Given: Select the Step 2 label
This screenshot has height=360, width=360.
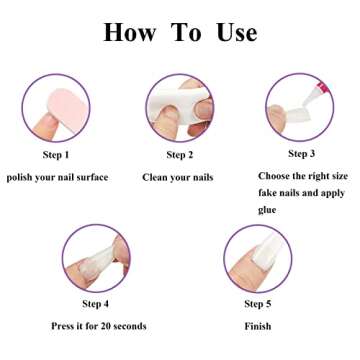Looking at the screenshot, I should [x=180, y=155].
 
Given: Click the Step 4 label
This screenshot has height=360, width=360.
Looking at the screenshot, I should [x=97, y=304].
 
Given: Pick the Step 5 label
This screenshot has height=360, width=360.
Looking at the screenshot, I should [x=258, y=304].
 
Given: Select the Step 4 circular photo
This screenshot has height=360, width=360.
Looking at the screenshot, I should [x=97, y=257].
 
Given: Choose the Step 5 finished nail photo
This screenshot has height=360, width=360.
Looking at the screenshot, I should [x=258, y=258].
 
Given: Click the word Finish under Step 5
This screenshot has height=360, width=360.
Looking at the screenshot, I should [x=257, y=326].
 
